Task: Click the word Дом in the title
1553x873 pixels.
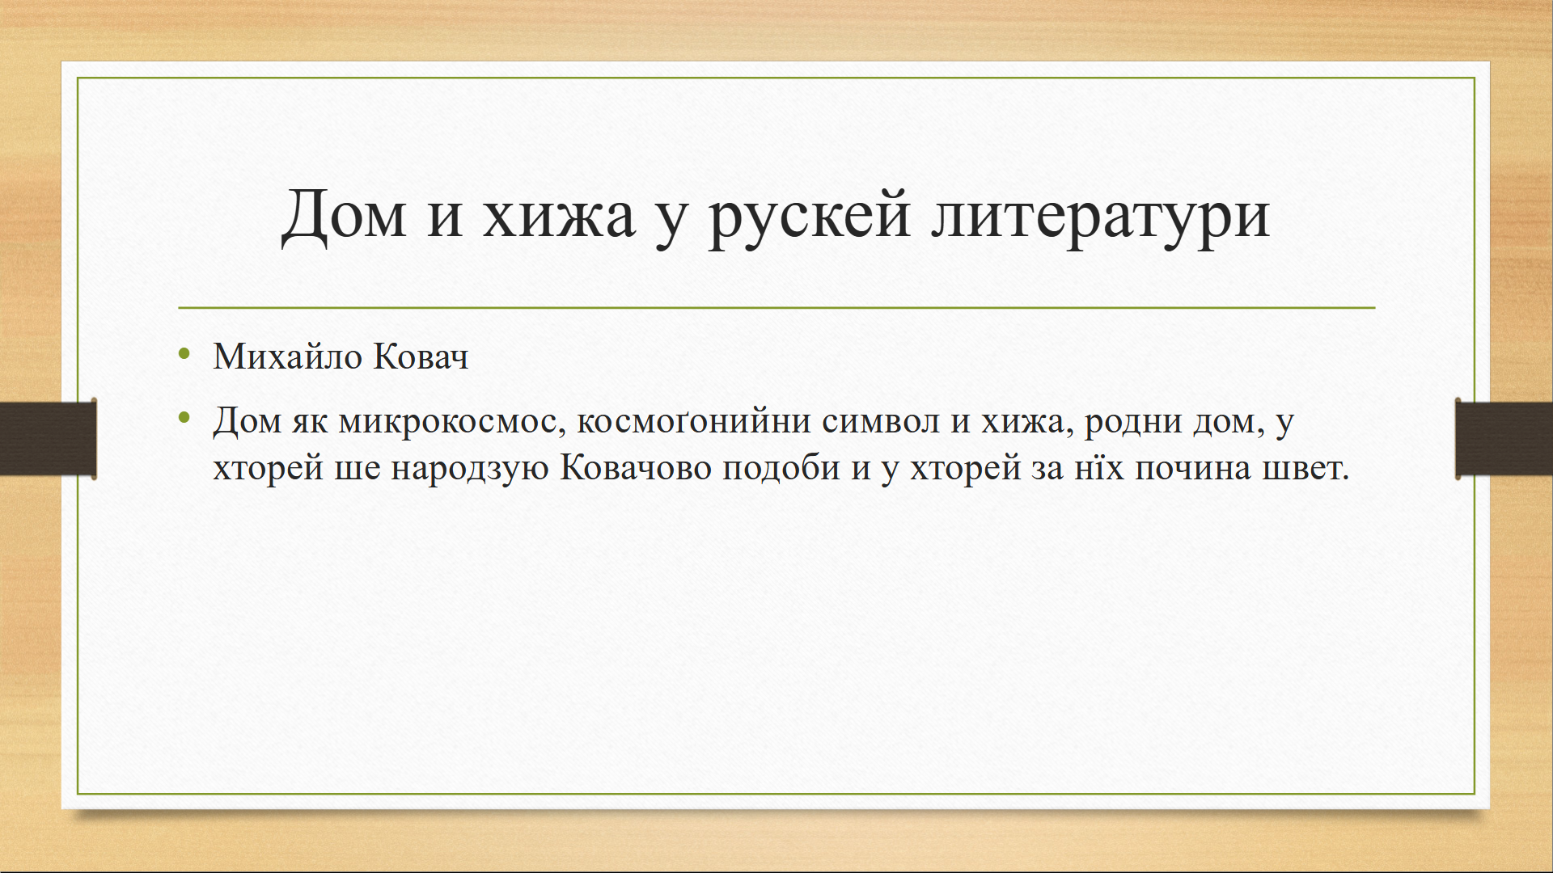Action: tap(344, 215)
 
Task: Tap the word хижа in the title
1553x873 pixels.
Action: tap(559, 217)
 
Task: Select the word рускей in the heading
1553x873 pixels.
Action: tap(810, 217)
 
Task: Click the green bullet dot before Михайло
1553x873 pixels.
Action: tap(184, 353)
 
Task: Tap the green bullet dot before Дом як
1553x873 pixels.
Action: tap(184, 418)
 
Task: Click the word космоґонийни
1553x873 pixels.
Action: tap(694, 420)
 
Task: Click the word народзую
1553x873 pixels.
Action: tap(470, 469)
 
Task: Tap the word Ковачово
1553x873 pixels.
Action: tap(636, 467)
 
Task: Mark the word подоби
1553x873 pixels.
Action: tap(781, 467)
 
